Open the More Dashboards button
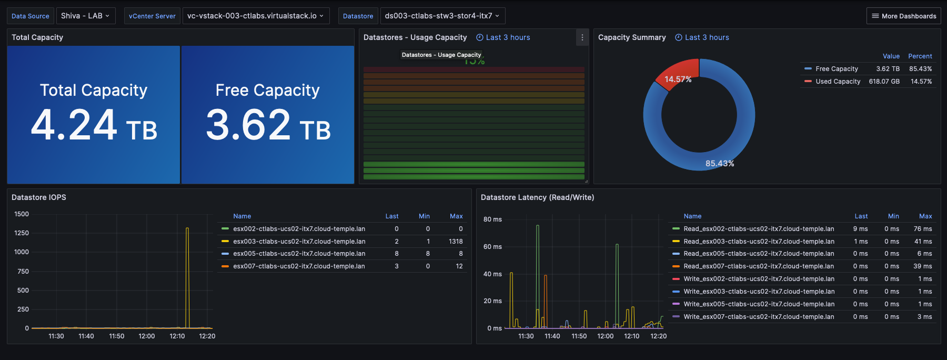[903, 16]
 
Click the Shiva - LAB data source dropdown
[85, 16]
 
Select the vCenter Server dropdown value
[256, 16]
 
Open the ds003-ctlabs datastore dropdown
[442, 16]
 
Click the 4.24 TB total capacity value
[94, 125]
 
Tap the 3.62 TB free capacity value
[268, 125]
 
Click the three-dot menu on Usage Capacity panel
[582, 37]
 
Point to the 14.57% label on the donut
[678, 79]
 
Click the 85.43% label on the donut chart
[719, 164]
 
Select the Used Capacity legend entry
[838, 82]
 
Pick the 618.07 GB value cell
[884, 82]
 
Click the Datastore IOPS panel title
[39, 197]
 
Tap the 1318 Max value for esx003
[456, 242]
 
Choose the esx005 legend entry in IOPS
[299, 254]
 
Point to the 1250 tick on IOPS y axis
[22, 233]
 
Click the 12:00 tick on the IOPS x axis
[147, 336]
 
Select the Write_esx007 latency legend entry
[758, 317]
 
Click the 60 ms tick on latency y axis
[492, 247]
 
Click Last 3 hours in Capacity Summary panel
[707, 37]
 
